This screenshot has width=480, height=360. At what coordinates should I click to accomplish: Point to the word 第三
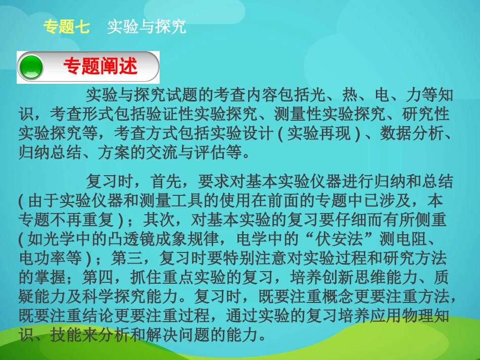tap(126, 259)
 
